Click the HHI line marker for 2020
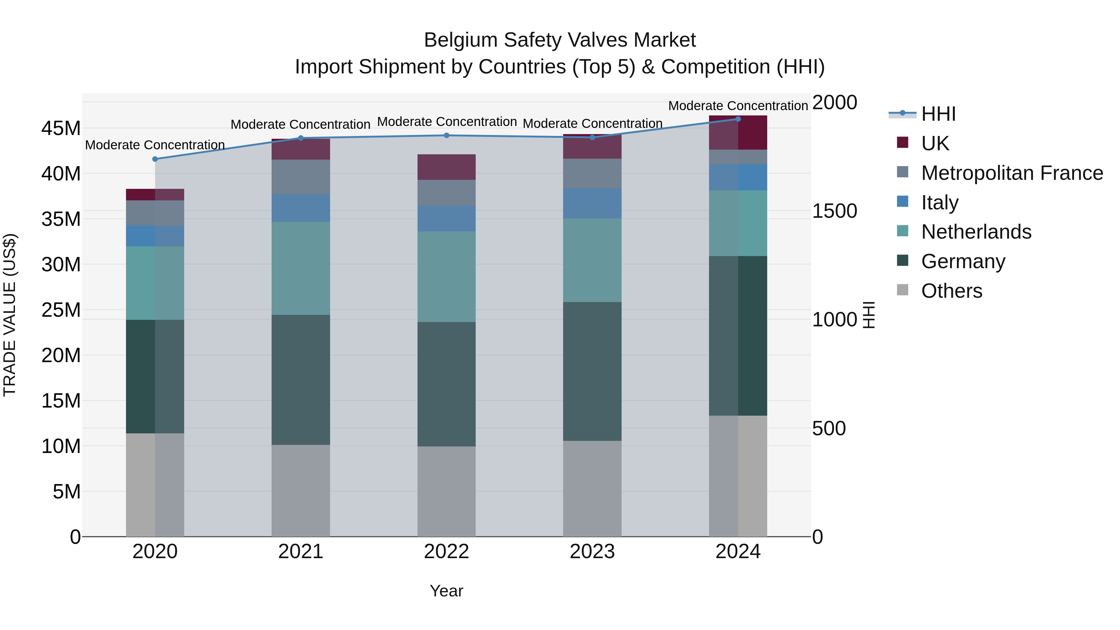coord(155,159)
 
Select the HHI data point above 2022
coord(446,135)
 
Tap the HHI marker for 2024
coord(738,119)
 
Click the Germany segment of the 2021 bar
coord(301,380)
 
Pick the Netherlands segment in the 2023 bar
coord(592,260)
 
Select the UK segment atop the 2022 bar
coord(446,167)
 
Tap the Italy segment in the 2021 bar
coord(301,208)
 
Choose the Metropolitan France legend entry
coord(1012,173)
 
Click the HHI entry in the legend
coord(938,114)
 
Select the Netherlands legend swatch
coord(903,231)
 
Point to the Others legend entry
coord(951,291)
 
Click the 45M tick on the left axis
coord(61,129)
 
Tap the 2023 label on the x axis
coord(592,552)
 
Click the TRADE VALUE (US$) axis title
coord(10,315)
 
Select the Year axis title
coord(446,591)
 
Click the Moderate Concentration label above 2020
coord(155,145)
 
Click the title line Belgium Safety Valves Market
coord(560,40)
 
